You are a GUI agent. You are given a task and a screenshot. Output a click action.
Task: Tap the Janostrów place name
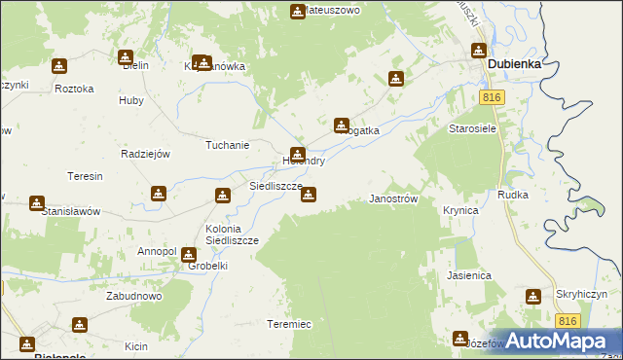point(394,198)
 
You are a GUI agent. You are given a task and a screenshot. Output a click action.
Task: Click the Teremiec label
point(288,324)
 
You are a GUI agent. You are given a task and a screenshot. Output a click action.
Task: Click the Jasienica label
point(469,275)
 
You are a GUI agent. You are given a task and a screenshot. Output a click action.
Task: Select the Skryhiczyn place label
point(582,294)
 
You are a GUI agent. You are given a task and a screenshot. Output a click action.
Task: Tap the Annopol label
point(157,251)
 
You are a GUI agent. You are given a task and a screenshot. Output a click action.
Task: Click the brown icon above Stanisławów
point(37,203)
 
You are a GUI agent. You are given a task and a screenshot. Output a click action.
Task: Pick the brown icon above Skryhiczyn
point(534,296)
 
